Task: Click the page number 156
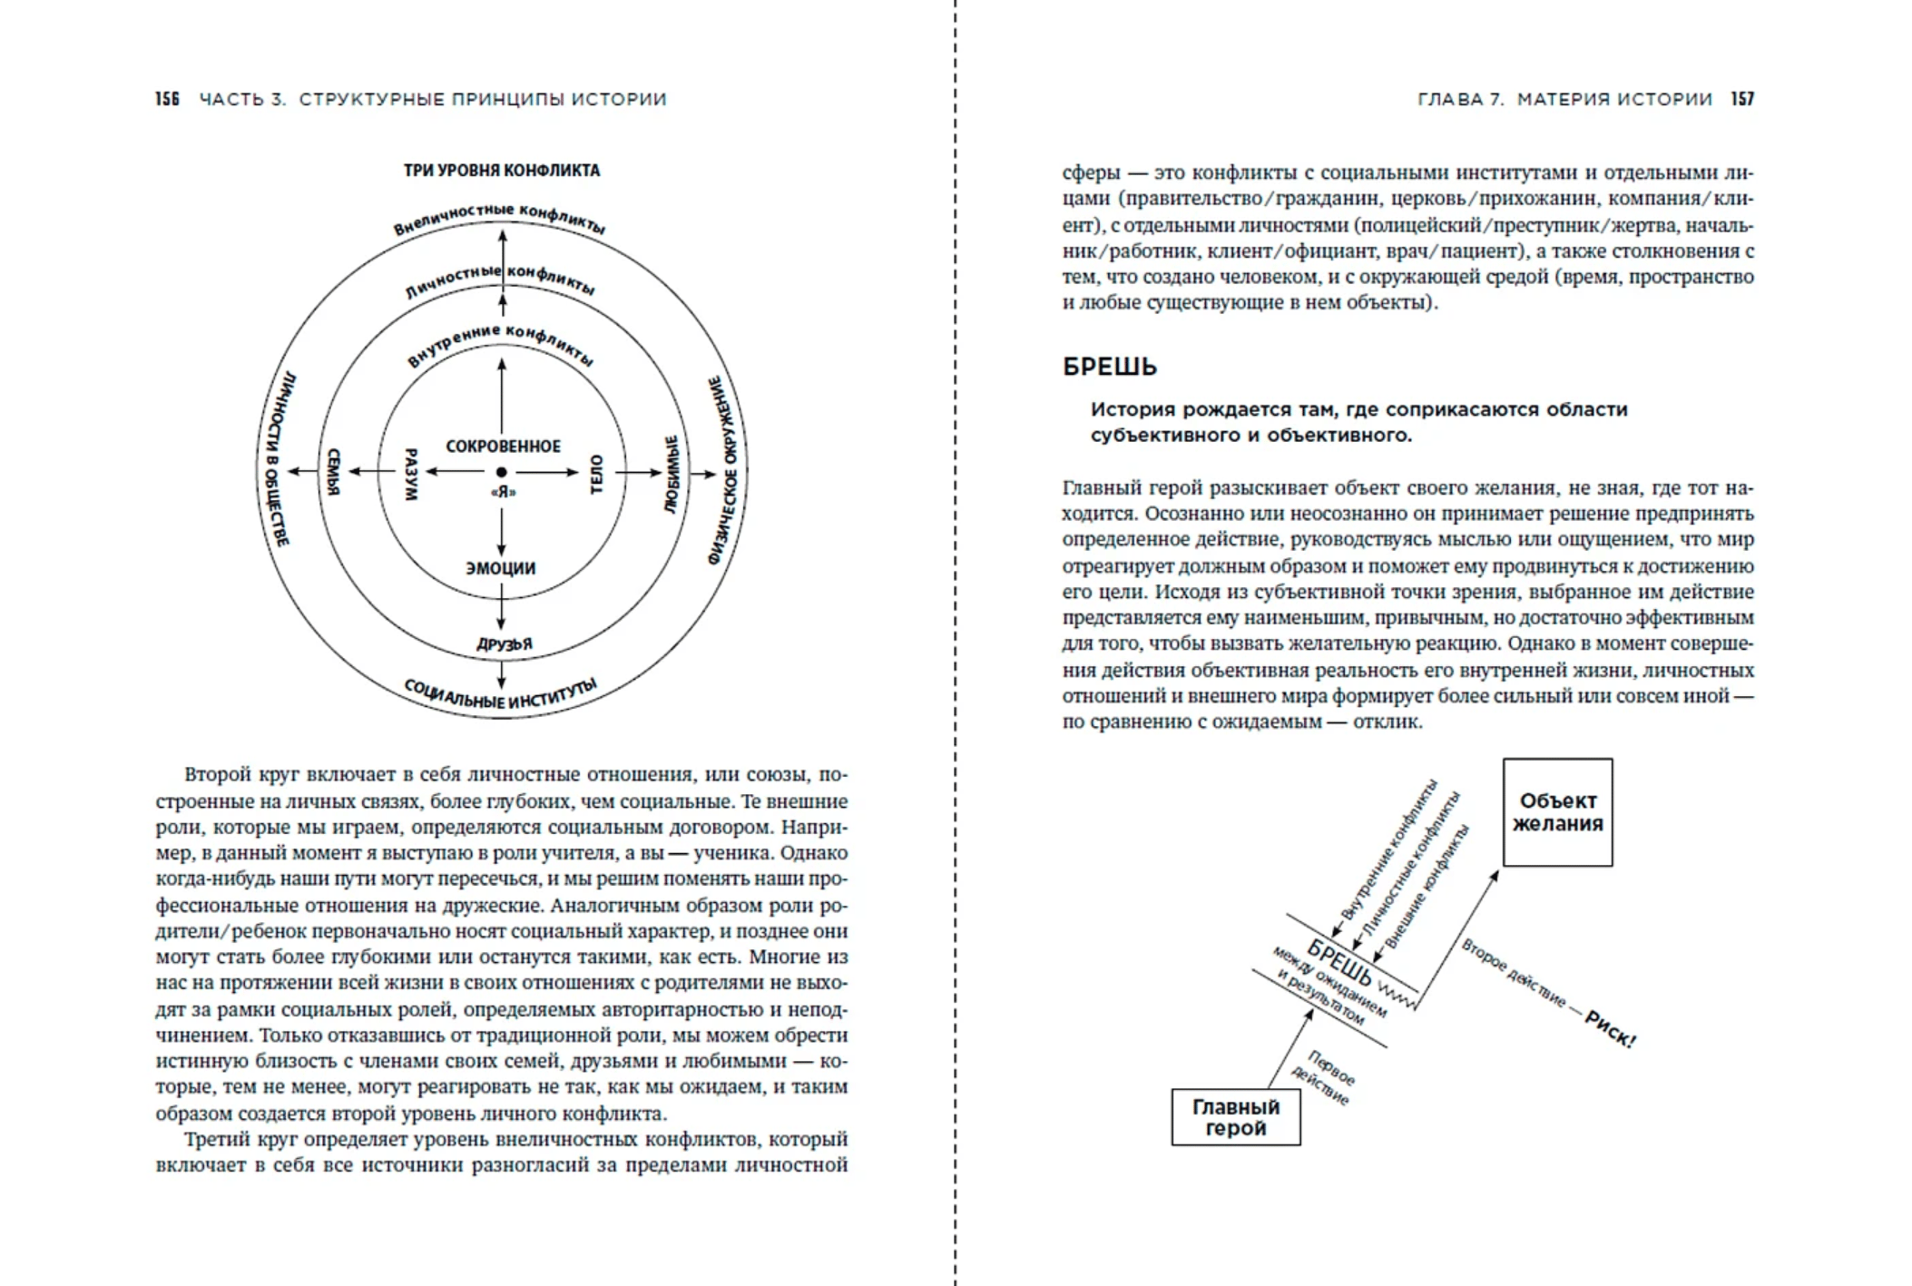point(167,99)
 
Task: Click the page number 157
point(1741,99)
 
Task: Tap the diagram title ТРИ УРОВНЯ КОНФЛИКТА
point(501,171)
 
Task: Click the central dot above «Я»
point(501,472)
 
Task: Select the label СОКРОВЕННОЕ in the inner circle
point(503,447)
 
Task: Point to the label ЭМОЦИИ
point(501,569)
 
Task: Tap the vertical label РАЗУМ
point(410,474)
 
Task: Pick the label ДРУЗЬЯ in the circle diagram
point(505,644)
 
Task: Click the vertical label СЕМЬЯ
point(333,473)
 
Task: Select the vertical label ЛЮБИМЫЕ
point(672,474)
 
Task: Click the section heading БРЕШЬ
point(1109,368)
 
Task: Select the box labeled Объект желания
point(1557,812)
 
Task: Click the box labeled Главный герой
point(1235,1117)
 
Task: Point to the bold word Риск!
point(1610,1030)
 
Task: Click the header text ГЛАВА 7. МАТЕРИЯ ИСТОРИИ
point(1564,99)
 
